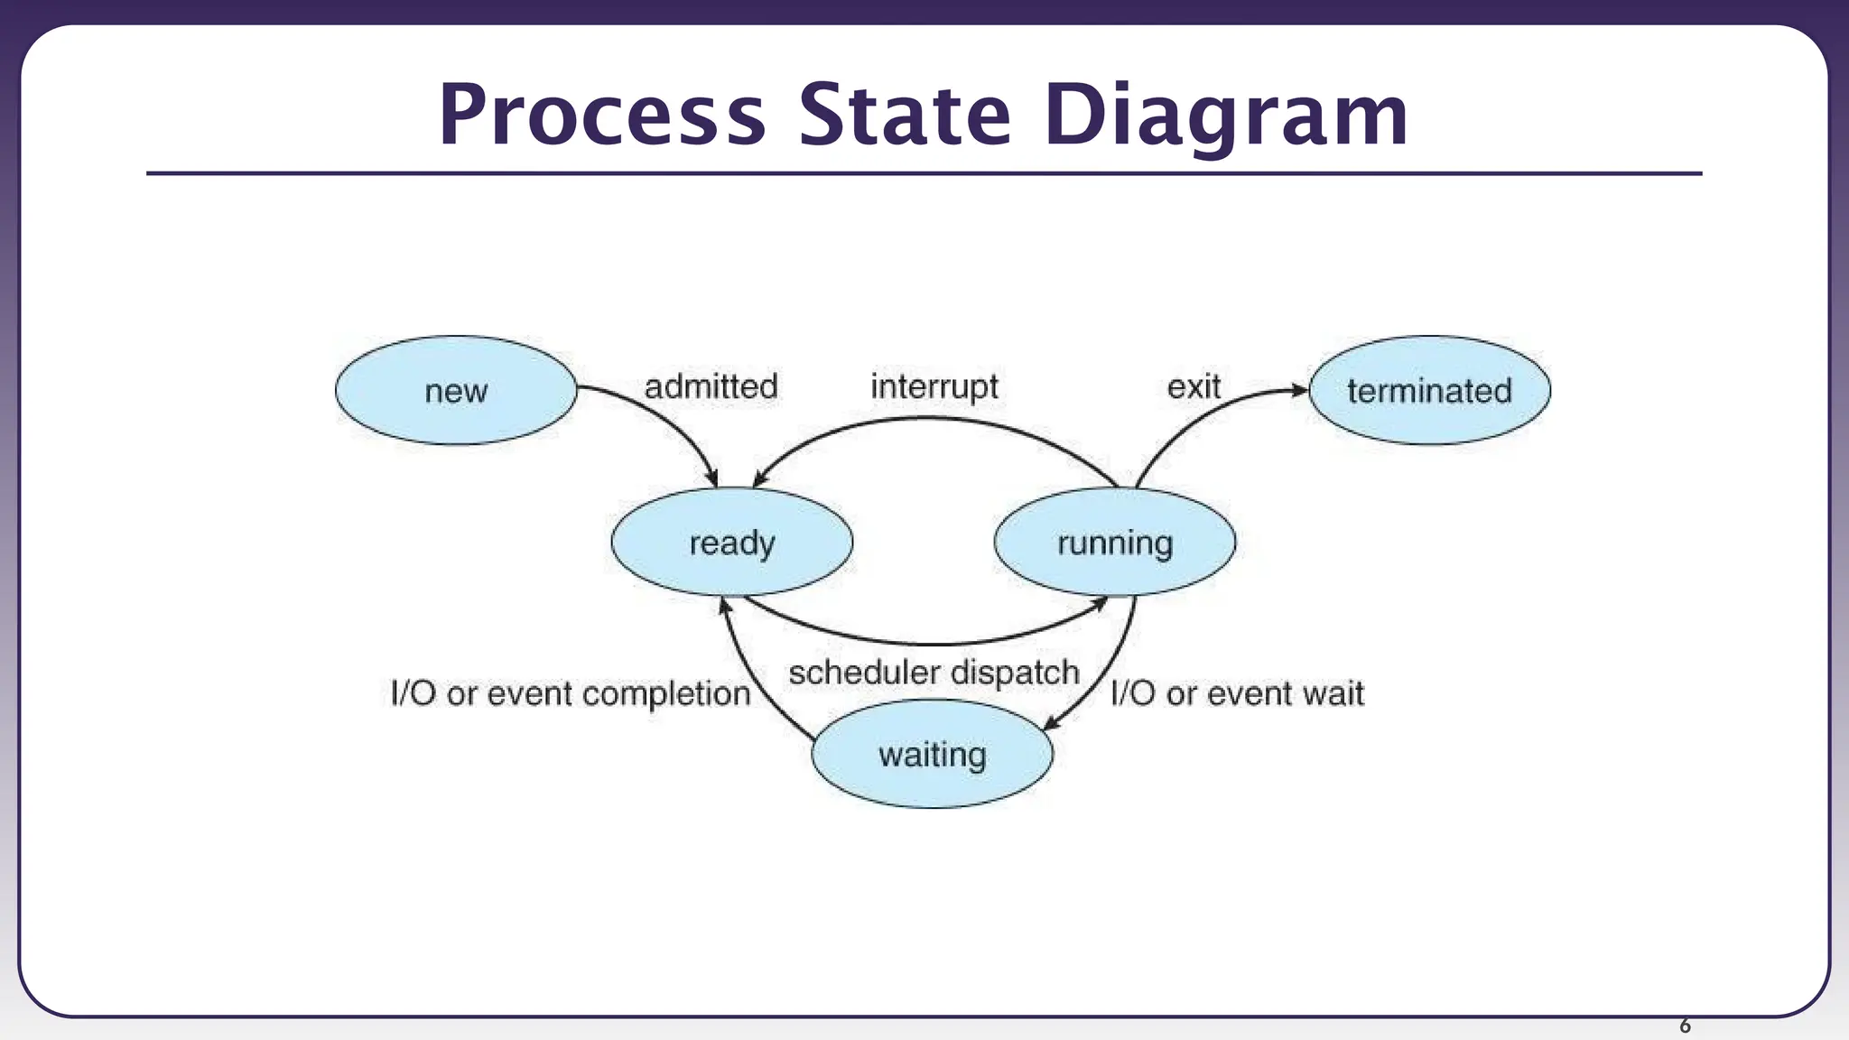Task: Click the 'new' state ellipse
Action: pos(456,390)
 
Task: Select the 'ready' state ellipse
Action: pos(731,543)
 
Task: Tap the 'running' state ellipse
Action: pos(1115,543)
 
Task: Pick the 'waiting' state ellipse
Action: pos(932,754)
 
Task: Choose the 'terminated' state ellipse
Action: pos(1429,390)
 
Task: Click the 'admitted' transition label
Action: pos(711,386)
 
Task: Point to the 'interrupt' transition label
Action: pos(934,386)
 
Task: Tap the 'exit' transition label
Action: pos(1194,386)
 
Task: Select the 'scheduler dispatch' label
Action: pos(934,673)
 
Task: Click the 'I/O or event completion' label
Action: pos(571,693)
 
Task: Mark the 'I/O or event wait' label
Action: pos(1237,693)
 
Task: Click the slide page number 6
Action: pos(1685,1026)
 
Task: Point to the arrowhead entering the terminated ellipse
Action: pos(1299,390)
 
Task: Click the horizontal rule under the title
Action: pos(924,173)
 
